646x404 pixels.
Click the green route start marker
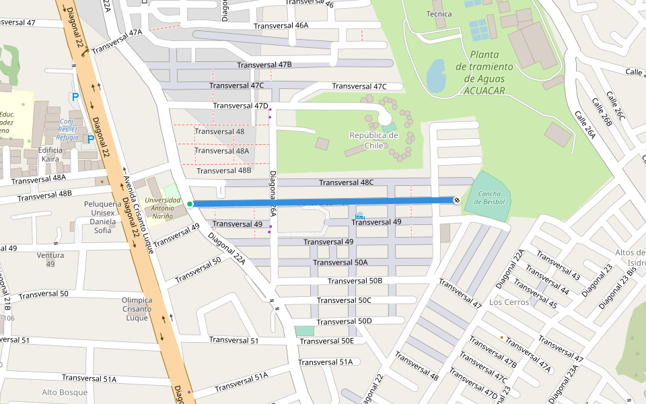tap(190, 204)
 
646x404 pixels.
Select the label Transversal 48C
tap(346, 182)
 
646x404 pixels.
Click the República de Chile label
tap(373, 140)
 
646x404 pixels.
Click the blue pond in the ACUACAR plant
tap(436, 75)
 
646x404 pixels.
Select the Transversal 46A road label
tap(281, 26)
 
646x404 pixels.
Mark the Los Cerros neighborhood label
tap(509, 302)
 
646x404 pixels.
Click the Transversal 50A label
tap(340, 262)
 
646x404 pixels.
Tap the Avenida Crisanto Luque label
tap(139, 215)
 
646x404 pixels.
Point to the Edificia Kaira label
tap(50, 154)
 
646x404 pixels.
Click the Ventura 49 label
tap(50, 259)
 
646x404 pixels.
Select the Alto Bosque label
tap(65, 392)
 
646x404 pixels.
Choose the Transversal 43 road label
tap(558, 267)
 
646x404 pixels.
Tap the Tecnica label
tap(439, 13)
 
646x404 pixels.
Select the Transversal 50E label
tap(327, 341)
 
